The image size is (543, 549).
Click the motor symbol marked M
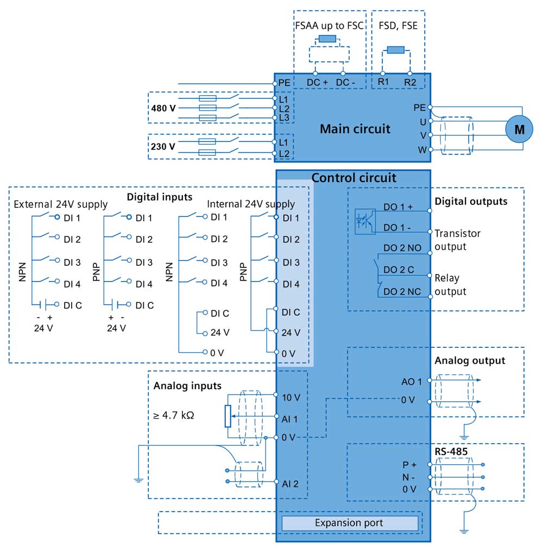[x=519, y=129]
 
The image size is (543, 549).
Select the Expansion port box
[x=350, y=523]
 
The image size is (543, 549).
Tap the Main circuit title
[x=355, y=129]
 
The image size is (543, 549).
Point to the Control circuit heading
[x=353, y=178]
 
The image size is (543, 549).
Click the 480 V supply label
[x=163, y=108]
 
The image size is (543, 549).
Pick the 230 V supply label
[x=163, y=146]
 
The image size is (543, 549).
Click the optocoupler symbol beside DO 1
[x=365, y=221]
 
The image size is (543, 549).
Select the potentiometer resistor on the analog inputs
[x=228, y=416]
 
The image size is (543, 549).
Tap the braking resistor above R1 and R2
[x=396, y=50]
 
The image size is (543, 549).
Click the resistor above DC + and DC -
[x=327, y=39]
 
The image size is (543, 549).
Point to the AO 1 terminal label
[x=412, y=382]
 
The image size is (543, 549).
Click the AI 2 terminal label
[x=290, y=484]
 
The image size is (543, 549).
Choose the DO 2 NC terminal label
[x=402, y=292]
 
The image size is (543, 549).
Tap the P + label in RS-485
[x=409, y=465]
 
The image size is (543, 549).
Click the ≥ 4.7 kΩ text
[x=174, y=415]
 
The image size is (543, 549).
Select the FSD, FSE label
[x=398, y=26]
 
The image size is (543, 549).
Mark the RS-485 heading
[x=451, y=452]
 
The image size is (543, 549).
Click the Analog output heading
[x=470, y=360]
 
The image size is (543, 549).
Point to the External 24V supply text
[x=60, y=204]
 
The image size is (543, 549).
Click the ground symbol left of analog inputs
[x=138, y=480]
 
